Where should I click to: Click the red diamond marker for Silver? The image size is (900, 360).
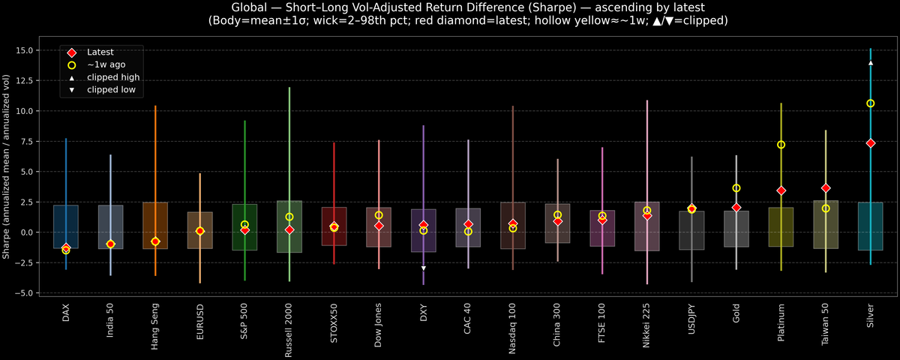(x=870, y=143)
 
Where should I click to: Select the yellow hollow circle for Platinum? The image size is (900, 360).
(x=781, y=145)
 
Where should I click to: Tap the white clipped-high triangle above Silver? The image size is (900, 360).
(x=870, y=63)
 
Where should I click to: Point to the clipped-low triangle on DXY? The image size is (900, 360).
(x=424, y=268)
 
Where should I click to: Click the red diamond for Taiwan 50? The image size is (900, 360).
(x=826, y=188)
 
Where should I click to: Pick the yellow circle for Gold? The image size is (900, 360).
(x=736, y=188)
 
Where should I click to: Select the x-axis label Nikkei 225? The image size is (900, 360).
(x=647, y=322)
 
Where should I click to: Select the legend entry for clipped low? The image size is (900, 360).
(x=111, y=90)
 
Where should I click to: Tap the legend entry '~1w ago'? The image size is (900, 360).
(x=105, y=65)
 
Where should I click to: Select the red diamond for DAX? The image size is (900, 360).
(x=66, y=247)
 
